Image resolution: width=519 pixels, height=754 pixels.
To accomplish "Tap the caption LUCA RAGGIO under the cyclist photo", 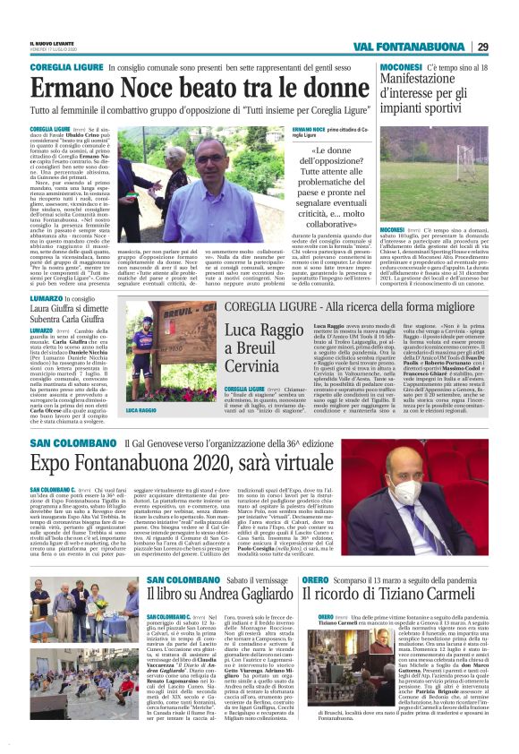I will [142, 409].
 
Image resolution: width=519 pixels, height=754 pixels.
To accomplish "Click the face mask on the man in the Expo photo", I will [405, 491].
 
